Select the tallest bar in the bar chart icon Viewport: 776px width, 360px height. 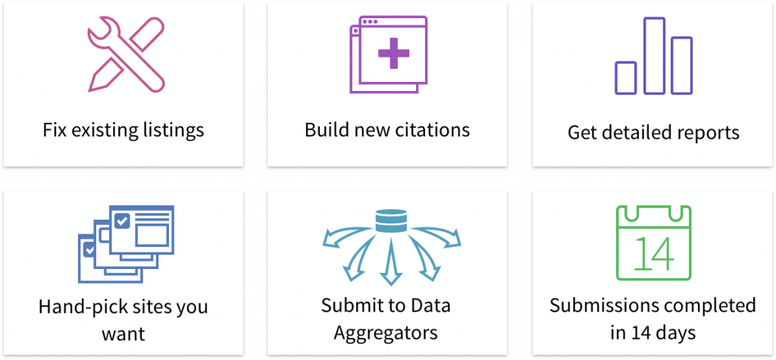[x=654, y=56]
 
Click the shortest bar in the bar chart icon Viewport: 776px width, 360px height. [x=626, y=77]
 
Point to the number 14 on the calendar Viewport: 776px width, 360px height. [x=652, y=254]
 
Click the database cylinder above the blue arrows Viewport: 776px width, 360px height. [x=391, y=221]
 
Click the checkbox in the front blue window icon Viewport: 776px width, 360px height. [x=121, y=221]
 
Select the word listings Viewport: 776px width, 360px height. [x=173, y=130]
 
